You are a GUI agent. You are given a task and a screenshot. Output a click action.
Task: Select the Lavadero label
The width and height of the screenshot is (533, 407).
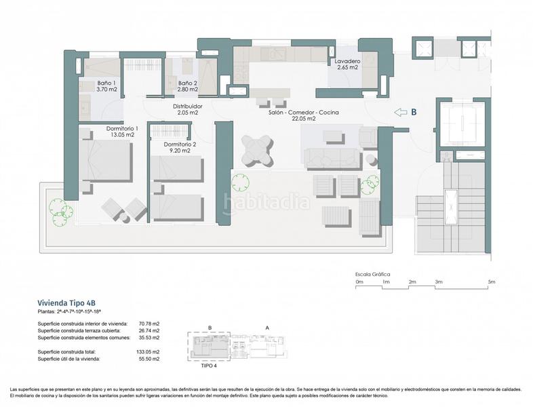[x=347, y=62]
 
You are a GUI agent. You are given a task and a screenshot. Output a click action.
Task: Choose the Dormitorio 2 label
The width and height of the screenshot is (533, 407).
[x=180, y=144]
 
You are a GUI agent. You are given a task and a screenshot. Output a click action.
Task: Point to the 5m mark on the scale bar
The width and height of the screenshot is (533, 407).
[x=491, y=281]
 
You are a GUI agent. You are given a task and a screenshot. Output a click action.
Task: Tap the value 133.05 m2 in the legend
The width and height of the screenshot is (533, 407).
[x=146, y=352]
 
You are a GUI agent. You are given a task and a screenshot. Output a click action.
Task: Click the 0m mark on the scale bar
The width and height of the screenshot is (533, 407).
[x=359, y=281]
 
